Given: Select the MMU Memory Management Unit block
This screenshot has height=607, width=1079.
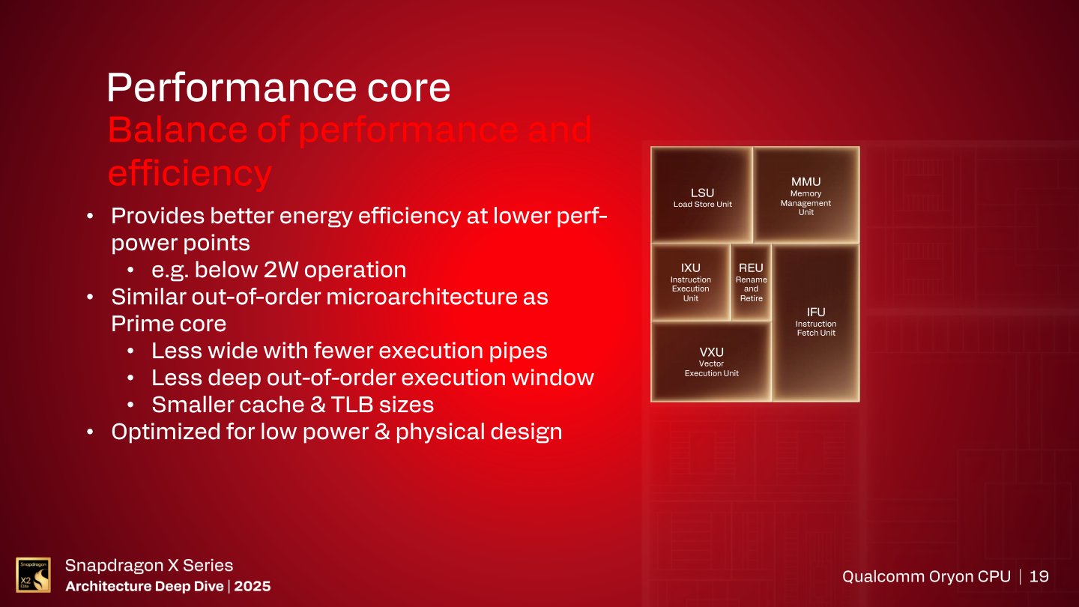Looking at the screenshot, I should pos(806,195).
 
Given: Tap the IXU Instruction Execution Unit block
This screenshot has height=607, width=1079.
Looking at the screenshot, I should pos(690,282).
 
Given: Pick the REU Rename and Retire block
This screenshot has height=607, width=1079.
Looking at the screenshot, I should pos(751,282).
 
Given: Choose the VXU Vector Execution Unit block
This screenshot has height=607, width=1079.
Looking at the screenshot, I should pos(711,361).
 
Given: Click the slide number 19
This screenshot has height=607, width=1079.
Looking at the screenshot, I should pos(1039,576).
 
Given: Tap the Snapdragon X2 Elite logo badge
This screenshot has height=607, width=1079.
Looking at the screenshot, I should pos(34,575).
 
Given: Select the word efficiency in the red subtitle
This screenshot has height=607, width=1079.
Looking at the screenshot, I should pos(190,173).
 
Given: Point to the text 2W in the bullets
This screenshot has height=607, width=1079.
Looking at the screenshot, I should pos(278,270).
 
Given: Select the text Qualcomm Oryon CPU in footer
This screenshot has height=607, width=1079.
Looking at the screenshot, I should pos(925,576).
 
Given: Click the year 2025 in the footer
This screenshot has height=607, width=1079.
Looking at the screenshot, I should pos(252,586).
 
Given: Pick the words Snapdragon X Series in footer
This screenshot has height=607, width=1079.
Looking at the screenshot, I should pos(149,565).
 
